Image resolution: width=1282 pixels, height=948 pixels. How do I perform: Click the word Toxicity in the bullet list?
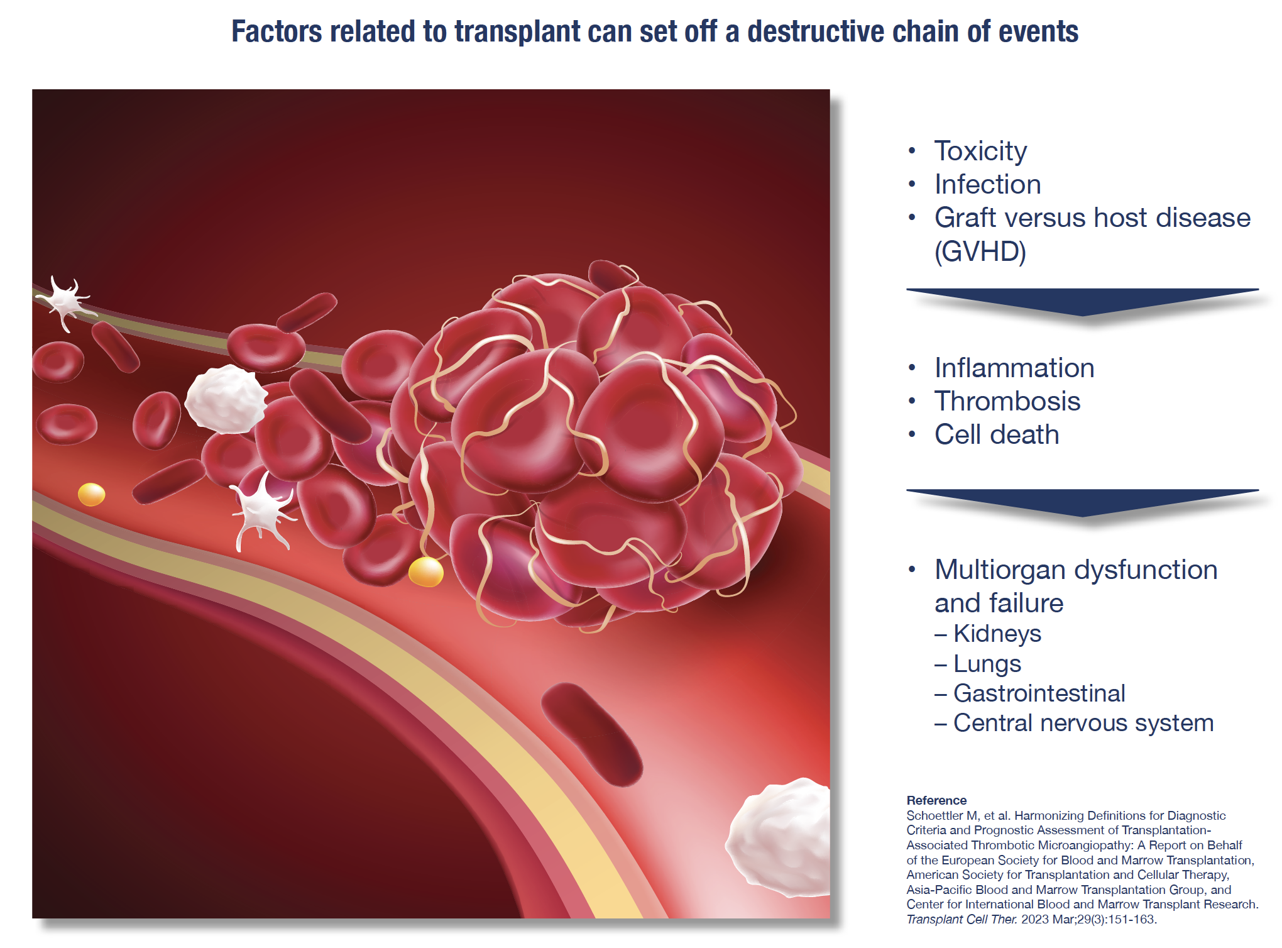click(x=980, y=151)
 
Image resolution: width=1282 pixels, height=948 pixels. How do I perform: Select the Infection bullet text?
click(x=987, y=184)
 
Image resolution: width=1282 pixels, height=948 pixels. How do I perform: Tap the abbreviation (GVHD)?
click(x=980, y=251)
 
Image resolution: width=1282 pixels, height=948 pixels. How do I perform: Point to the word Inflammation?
click(x=1014, y=368)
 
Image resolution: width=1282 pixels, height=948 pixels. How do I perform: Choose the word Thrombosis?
click(x=1007, y=401)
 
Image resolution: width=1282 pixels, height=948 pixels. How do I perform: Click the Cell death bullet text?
click(x=996, y=434)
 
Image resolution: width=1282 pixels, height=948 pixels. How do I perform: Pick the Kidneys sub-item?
click(x=997, y=634)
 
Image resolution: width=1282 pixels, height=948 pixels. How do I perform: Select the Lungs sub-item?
click(x=987, y=664)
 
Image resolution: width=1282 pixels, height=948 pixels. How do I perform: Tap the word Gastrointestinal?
click(x=1039, y=693)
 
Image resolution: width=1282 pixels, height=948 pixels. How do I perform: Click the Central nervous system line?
click(x=1083, y=723)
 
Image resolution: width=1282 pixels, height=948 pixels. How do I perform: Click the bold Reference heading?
click(x=936, y=800)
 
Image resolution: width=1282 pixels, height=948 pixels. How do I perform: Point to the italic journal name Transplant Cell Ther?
click(x=961, y=919)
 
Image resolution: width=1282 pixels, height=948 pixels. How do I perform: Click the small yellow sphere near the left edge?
click(x=91, y=494)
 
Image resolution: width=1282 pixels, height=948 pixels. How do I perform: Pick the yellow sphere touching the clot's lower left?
click(x=425, y=572)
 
